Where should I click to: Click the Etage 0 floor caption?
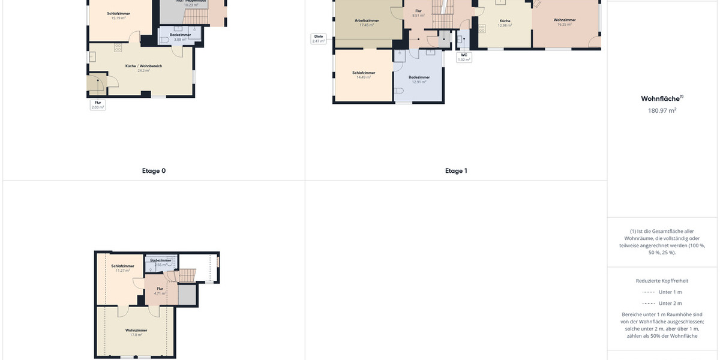[x=154, y=171]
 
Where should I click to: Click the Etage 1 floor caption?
[x=456, y=171]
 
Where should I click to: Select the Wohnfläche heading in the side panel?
[x=662, y=98]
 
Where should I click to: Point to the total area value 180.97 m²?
[x=662, y=110]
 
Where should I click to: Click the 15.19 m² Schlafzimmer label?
[x=118, y=16]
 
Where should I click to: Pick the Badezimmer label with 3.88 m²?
[x=180, y=37]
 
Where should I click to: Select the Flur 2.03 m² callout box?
[x=98, y=104]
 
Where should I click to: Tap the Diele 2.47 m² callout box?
[x=319, y=38]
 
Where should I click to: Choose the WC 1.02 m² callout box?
[x=464, y=57]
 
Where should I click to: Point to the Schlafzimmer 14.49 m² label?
[x=363, y=74]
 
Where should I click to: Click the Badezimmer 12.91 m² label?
[x=419, y=79]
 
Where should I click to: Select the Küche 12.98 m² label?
[x=505, y=23]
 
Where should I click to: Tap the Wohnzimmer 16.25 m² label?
[x=565, y=22]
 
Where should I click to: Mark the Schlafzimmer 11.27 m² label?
[x=122, y=268]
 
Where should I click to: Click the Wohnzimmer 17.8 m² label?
[x=136, y=332]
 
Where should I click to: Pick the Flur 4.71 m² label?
[x=160, y=290]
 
